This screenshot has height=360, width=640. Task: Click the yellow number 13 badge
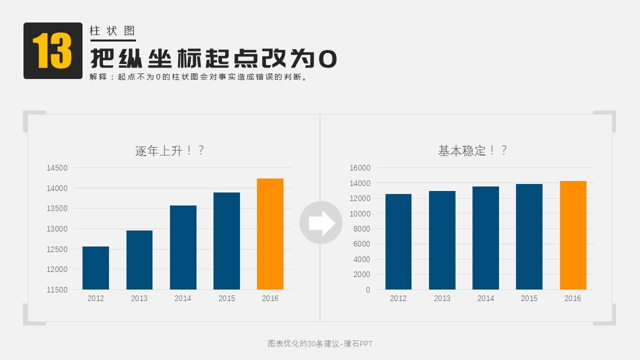(52, 50)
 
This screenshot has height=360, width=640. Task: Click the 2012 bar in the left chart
(95, 268)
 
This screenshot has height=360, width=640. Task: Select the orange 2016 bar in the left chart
(270, 234)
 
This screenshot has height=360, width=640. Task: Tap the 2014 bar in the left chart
(183, 247)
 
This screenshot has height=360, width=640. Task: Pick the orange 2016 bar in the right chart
(573, 235)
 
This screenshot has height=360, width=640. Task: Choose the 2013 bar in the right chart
(442, 240)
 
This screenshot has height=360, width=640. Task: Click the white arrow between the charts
(321, 223)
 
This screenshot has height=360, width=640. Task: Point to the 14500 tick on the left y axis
(57, 168)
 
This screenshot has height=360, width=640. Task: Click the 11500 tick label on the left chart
(57, 290)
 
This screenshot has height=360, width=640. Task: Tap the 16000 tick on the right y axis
(360, 168)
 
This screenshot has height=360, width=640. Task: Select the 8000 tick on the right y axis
(362, 229)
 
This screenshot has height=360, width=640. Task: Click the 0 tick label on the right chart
(368, 290)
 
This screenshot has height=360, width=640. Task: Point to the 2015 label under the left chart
(226, 298)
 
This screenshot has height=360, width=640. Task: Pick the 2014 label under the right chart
(485, 298)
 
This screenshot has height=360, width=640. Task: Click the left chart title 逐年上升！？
(169, 150)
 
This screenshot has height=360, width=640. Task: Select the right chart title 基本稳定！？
(472, 150)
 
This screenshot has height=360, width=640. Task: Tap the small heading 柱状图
(112, 30)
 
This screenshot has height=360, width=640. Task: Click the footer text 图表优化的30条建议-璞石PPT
(320, 343)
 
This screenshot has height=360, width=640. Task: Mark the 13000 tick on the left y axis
(57, 229)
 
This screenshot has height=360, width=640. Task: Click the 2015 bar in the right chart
(529, 236)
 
